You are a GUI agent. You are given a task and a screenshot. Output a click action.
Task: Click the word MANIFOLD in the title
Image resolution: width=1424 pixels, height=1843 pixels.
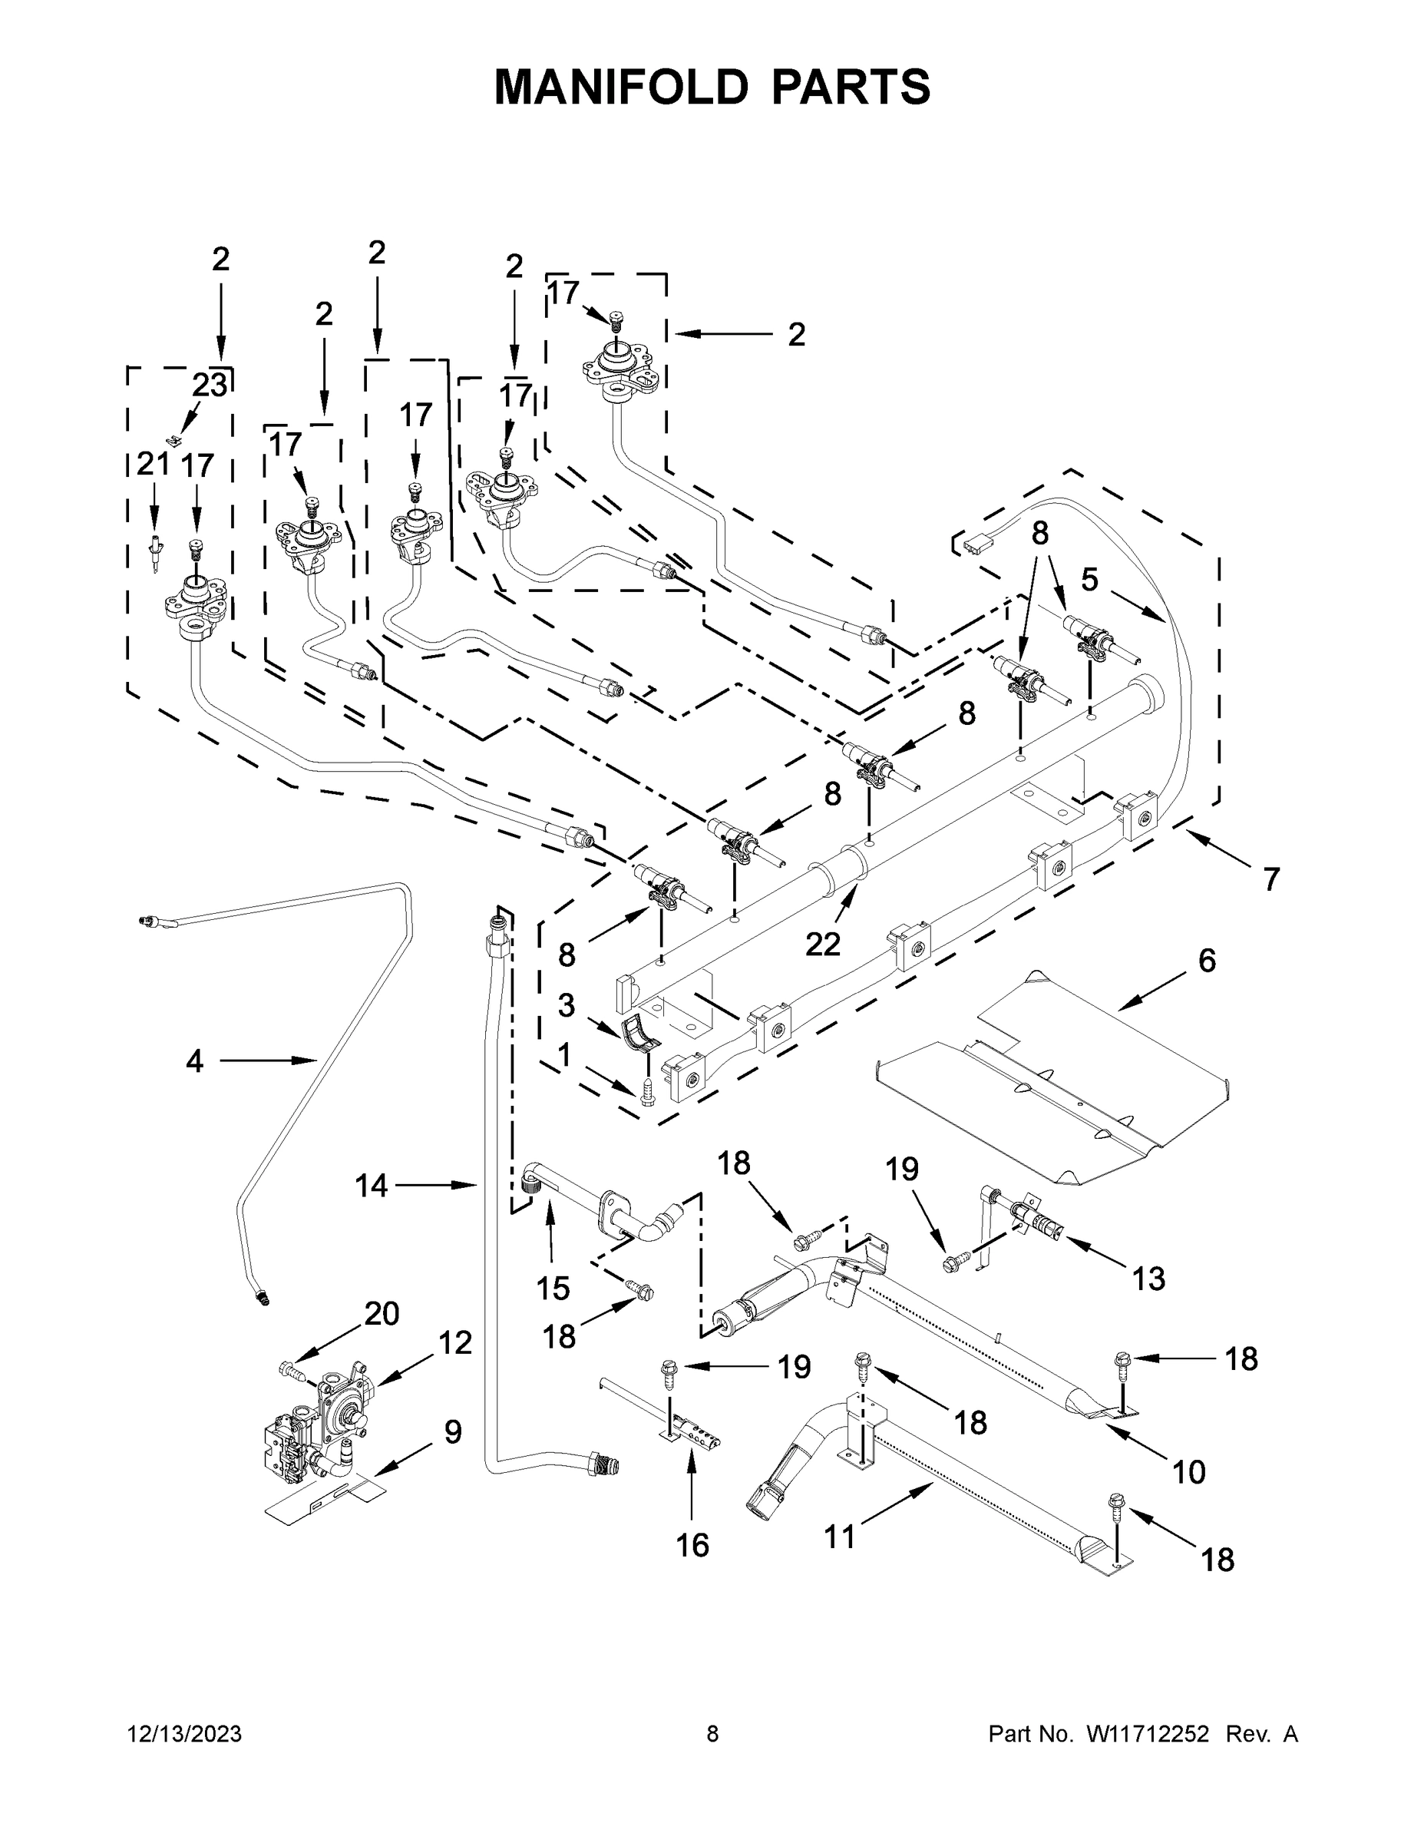coord(621,87)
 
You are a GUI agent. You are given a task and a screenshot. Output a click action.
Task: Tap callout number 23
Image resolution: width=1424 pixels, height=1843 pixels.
coord(210,385)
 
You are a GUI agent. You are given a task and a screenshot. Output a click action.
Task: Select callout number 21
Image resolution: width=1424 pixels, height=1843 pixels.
coord(153,465)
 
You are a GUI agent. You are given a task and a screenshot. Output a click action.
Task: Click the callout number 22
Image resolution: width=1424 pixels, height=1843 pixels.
coord(822,944)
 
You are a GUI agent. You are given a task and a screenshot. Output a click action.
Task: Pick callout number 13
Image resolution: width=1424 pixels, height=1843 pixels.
coord(1149,1279)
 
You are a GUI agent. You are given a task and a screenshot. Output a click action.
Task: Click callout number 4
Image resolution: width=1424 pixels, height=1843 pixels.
coord(195,1060)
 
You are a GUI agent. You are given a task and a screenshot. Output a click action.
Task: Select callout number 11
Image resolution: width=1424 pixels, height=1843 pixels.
coord(839,1537)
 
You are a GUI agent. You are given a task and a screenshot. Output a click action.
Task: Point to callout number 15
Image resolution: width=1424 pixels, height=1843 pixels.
coord(553,1289)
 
